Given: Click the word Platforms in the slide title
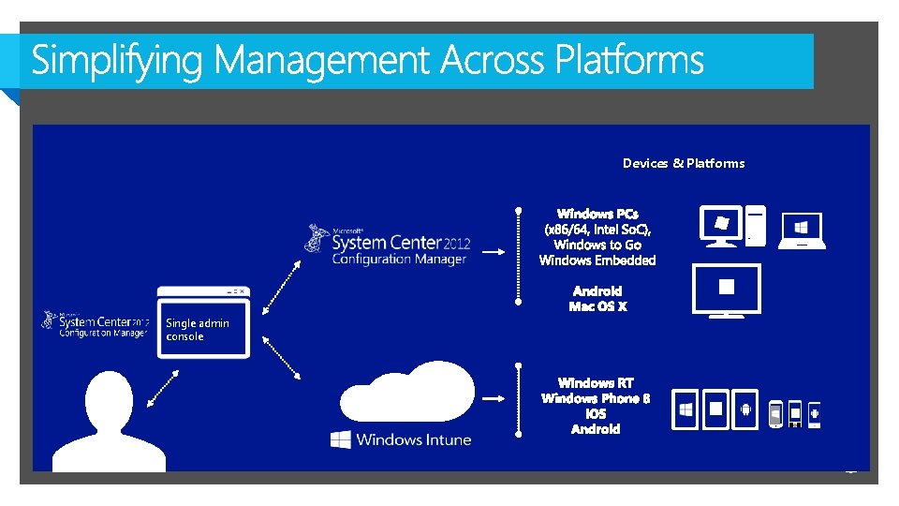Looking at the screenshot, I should tap(629, 61).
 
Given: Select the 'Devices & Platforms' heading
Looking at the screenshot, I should tap(684, 163).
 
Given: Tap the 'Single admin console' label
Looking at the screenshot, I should tap(197, 329).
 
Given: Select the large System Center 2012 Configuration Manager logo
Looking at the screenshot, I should tap(389, 246).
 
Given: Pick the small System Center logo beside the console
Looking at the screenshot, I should tap(95, 323).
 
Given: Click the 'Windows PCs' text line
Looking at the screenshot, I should tap(597, 215).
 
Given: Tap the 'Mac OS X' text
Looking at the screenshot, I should tap(597, 306).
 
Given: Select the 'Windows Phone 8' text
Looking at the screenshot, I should tap(596, 398).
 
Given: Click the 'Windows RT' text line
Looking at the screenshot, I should tap(596, 382).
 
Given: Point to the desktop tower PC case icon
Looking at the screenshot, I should tap(757, 226).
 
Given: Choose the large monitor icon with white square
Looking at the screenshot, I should tap(726, 290).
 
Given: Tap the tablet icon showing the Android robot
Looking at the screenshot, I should tap(745, 409).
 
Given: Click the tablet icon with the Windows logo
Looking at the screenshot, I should tap(686, 409).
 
